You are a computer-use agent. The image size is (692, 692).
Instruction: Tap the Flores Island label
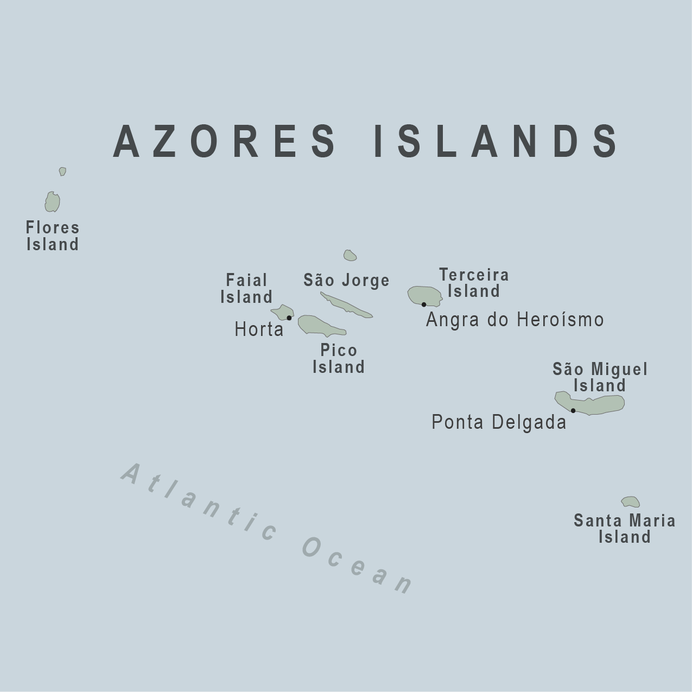click(x=53, y=236)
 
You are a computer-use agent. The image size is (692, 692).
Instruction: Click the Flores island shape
click(x=52, y=202)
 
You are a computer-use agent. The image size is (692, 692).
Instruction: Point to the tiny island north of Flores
click(x=62, y=172)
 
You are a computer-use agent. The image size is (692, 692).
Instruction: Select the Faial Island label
click(x=246, y=289)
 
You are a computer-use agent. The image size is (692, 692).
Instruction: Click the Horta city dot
click(x=289, y=318)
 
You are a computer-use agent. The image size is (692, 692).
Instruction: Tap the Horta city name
click(x=259, y=329)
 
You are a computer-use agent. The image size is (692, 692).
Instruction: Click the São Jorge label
click(x=346, y=280)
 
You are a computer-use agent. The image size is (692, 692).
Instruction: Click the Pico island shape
click(x=318, y=325)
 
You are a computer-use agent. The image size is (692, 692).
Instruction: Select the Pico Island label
click(x=339, y=359)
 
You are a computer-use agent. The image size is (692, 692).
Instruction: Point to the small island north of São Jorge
click(x=350, y=255)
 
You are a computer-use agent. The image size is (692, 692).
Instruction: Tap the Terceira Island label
click(x=474, y=283)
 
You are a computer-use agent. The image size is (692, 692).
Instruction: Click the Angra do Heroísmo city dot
click(x=424, y=304)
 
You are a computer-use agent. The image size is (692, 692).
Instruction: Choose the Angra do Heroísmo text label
click(x=515, y=320)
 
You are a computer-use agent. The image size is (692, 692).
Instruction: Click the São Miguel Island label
click(x=600, y=377)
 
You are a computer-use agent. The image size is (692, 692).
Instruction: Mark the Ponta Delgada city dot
click(x=573, y=410)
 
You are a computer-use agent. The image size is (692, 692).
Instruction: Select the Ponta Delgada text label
click(x=499, y=422)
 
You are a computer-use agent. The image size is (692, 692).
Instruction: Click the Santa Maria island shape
click(x=631, y=502)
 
